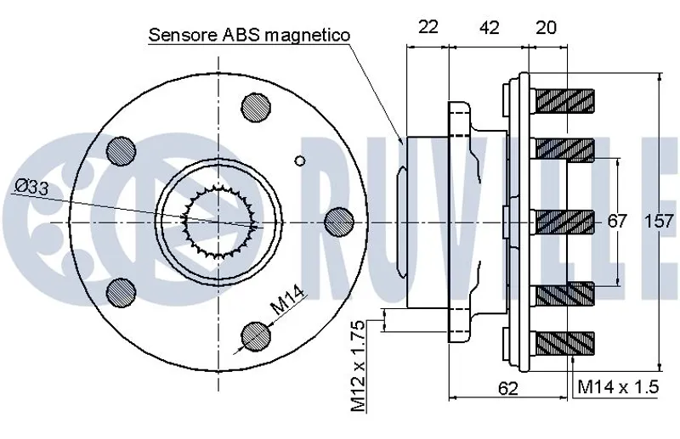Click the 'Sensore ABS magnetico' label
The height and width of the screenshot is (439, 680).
(x=249, y=35)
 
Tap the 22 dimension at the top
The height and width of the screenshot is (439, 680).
(x=428, y=27)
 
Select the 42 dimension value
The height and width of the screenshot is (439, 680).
(x=488, y=27)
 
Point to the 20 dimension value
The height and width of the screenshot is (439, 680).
(x=547, y=27)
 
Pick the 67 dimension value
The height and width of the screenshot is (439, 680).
(x=617, y=222)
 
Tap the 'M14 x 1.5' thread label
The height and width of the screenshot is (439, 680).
(x=619, y=387)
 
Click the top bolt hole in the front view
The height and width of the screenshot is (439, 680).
(x=255, y=106)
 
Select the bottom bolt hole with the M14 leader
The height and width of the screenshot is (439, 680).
(x=255, y=336)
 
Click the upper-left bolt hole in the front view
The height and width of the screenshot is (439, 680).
(x=121, y=151)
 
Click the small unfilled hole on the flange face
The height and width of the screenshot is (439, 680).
(x=298, y=160)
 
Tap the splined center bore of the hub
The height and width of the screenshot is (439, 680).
(x=220, y=222)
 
